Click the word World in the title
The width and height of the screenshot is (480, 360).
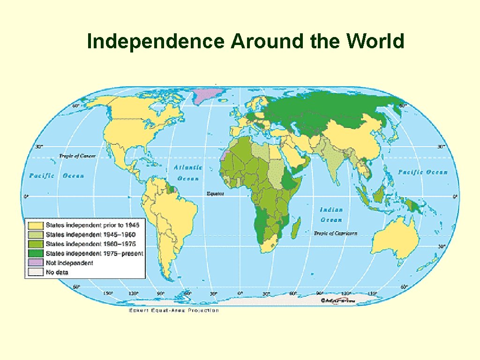[x=375, y=42]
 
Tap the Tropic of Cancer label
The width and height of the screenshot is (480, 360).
[x=77, y=156]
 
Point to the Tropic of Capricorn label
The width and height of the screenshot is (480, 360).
[x=335, y=233]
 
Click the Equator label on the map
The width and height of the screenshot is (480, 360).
[x=216, y=193]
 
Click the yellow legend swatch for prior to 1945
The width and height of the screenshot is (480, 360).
[x=35, y=225]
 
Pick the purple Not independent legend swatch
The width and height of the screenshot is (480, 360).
[x=35, y=263]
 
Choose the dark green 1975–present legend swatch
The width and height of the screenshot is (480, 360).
[x=35, y=254]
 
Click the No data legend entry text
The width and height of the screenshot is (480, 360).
[x=56, y=272]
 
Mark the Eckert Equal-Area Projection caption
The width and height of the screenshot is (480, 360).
[x=173, y=310]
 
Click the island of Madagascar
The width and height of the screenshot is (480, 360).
[x=296, y=229]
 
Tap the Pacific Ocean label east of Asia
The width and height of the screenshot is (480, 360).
[x=423, y=172]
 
